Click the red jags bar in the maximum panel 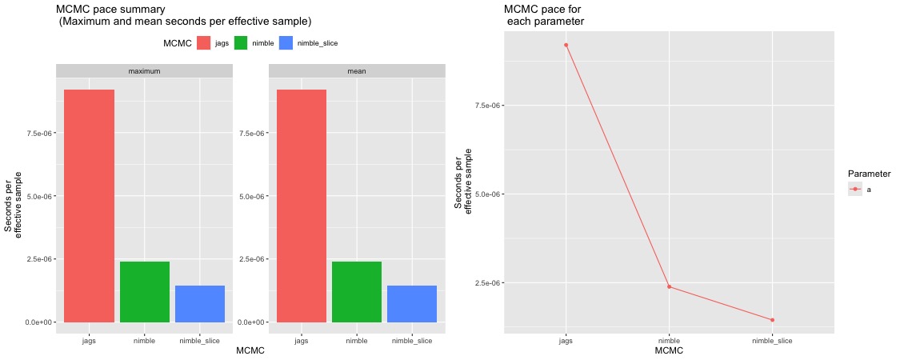[89, 206]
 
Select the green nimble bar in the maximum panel [145, 292]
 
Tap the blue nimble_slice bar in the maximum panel [200, 304]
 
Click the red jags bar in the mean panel [302, 206]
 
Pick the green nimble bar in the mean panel [357, 292]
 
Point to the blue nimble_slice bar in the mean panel [412, 304]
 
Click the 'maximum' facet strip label [145, 71]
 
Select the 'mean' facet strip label [357, 71]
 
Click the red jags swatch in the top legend [204, 43]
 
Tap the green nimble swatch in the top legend [242, 43]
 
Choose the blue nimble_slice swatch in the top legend [286, 43]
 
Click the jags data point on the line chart [566, 45]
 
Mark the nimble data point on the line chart [669, 287]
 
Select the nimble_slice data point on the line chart [772, 320]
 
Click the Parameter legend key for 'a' [855, 189]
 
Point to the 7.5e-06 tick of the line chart [482, 106]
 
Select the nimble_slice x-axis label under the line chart [772, 341]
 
